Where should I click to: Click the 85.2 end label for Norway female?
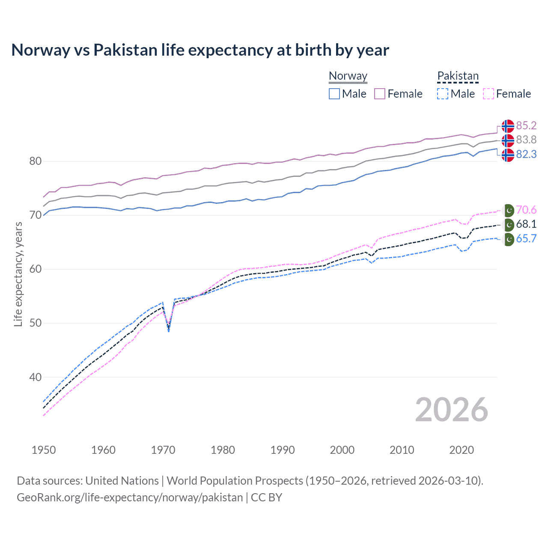(526, 125)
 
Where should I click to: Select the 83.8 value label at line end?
(526, 140)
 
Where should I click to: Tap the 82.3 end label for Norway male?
(526, 154)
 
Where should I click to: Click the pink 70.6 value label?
(526, 210)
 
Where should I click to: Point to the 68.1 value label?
(526, 224)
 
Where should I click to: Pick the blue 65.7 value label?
(526, 238)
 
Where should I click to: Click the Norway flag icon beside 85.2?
(508, 126)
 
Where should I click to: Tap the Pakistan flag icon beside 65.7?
(509, 239)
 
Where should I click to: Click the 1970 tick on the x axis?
(163, 450)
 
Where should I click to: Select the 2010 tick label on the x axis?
(402, 450)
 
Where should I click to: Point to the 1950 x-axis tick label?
(44, 450)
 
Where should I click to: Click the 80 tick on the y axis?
(36, 161)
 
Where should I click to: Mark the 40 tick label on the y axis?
(36, 377)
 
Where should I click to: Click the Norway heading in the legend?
(348, 76)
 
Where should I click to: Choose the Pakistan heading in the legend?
(458, 76)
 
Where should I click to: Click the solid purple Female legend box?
(380, 94)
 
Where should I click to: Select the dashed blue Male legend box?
(443, 94)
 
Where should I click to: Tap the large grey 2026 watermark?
(451, 410)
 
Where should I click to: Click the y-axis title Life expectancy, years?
(18, 274)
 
